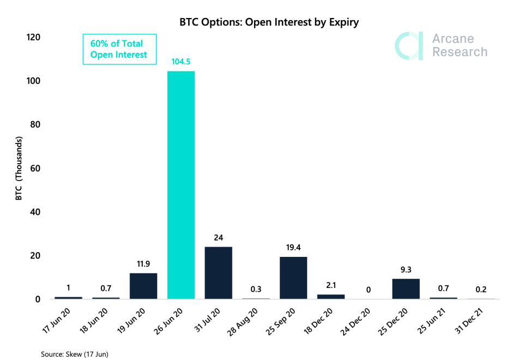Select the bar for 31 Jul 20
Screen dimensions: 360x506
(x=218, y=273)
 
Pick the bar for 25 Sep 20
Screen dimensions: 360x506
(x=293, y=278)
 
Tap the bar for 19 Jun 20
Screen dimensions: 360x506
(x=143, y=286)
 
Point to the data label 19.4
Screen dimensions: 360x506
(x=293, y=247)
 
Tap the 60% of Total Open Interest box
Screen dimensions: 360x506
(x=119, y=49)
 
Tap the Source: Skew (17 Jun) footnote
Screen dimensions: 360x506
(x=75, y=355)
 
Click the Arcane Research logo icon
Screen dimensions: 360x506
(x=408, y=46)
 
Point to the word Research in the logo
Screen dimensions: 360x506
(x=460, y=52)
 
